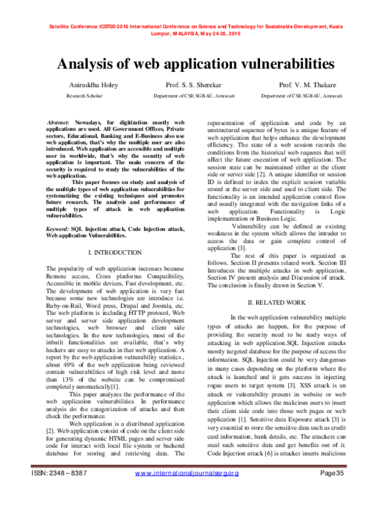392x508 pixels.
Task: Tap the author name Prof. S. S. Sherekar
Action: (x=194, y=86)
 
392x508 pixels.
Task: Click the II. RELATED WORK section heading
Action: (x=278, y=301)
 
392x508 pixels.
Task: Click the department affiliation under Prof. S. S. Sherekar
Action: (x=194, y=96)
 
